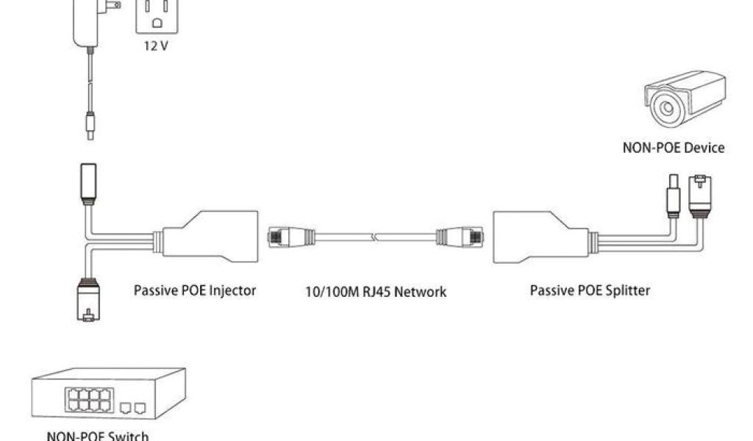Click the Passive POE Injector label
click(195, 290)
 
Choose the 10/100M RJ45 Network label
click(376, 292)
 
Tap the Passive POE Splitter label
click(590, 290)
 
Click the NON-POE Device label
click(674, 148)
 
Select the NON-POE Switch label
click(98, 436)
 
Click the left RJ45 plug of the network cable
click(283, 237)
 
